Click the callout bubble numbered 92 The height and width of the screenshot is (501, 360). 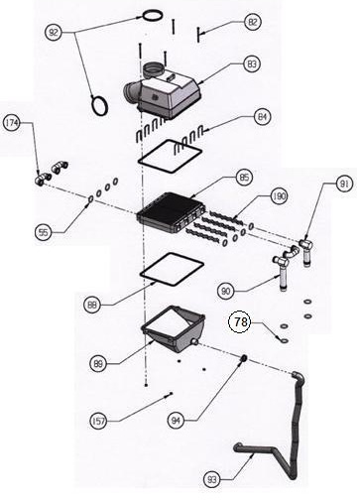[x=54, y=33]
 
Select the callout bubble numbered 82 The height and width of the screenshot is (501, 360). [x=253, y=22]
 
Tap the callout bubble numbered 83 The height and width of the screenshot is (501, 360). [x=252, y=63]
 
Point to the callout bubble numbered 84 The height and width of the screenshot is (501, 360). [x=263, y=117]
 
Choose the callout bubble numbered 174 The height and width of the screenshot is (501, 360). [x=12, y=123]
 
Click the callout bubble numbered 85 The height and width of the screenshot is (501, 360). [x=244, y=178]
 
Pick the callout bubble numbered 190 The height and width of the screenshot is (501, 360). [x=280, y=196]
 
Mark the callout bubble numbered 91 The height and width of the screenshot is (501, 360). [x=345, y=184]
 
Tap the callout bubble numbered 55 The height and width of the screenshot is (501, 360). [x=44, y=232]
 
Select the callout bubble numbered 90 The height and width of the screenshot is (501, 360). [x=226, y=292]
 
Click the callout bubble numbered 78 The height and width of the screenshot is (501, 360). [x=240, y=321]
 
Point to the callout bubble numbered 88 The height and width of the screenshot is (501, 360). [x=92, y=305]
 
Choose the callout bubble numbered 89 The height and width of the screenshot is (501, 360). [x=98, y=364]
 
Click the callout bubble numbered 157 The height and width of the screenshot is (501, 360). [x=98, y=422]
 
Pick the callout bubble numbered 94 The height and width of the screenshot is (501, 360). [x=176, y=421]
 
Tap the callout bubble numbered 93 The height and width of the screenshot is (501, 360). [x=212, y=479]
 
